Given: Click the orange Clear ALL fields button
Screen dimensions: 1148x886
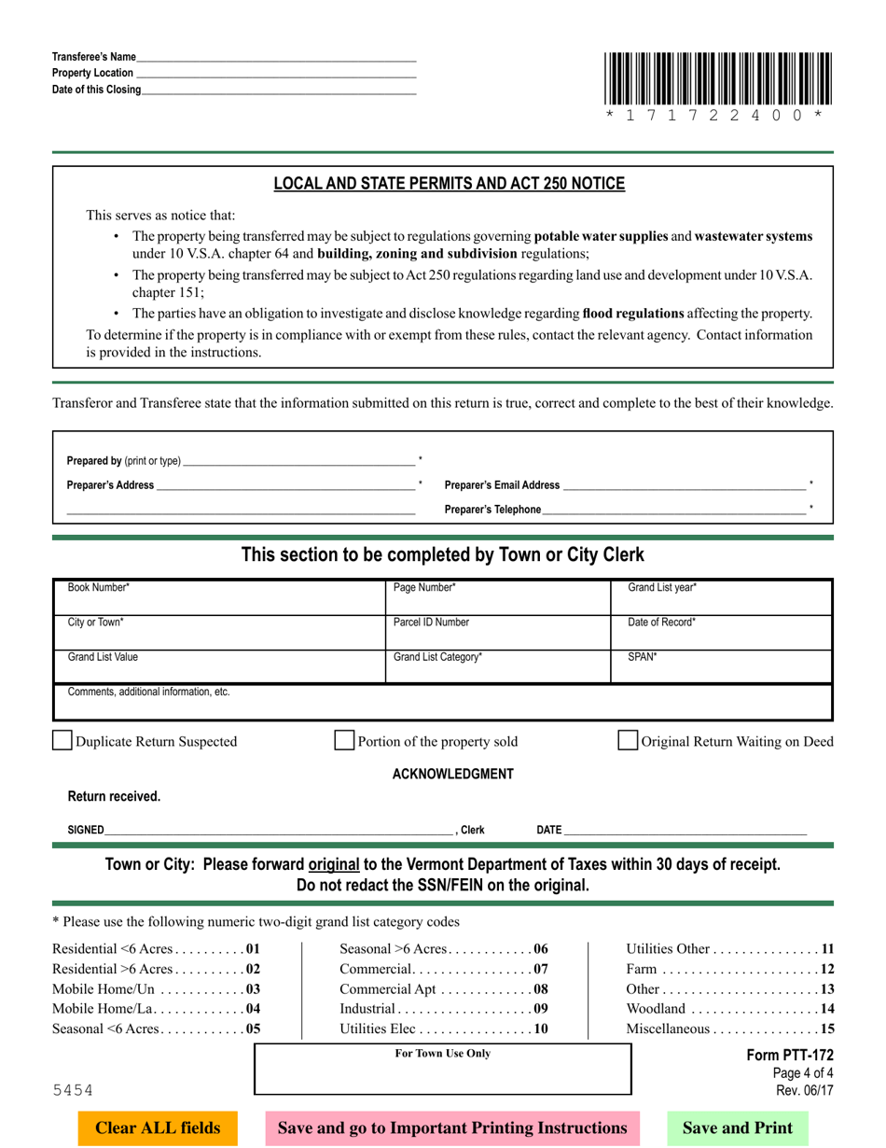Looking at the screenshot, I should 159,1127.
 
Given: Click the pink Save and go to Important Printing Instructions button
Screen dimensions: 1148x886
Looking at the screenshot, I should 452,1127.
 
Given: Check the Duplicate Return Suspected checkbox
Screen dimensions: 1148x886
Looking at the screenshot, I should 62,741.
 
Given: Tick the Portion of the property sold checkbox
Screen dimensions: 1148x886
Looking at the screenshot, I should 344,741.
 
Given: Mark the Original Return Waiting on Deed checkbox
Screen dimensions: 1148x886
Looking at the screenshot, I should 629,741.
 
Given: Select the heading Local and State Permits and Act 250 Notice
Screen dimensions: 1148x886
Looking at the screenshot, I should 449,184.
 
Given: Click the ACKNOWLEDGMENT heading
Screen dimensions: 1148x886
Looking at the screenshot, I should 452,774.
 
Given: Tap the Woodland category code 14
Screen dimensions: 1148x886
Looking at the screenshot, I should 826,1009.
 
